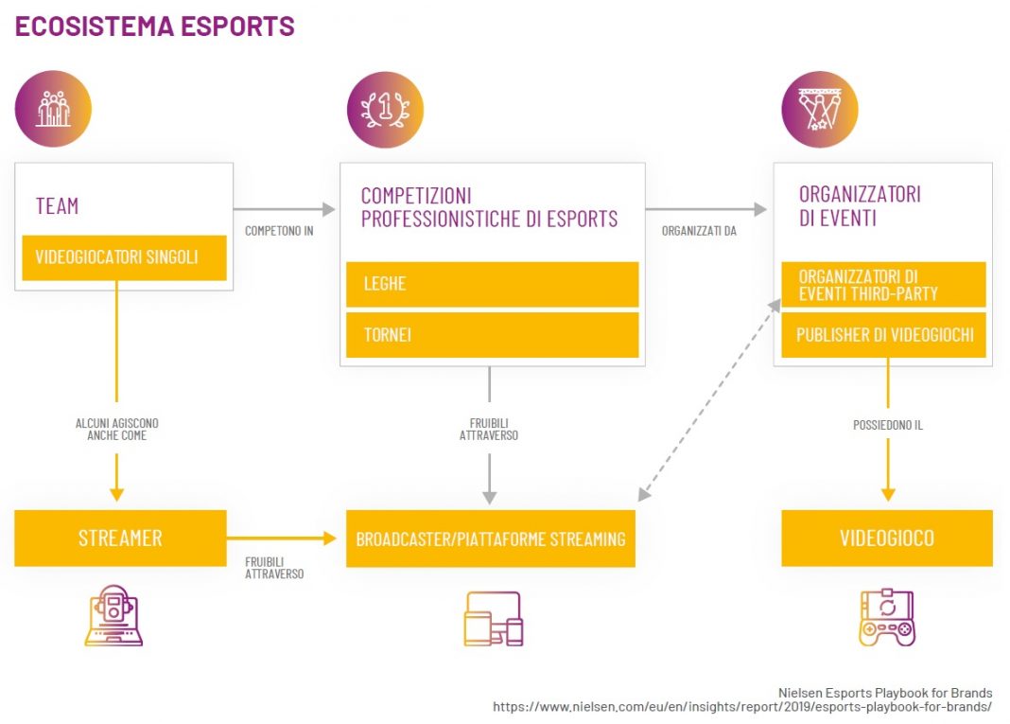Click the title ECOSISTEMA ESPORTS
click(155, 26)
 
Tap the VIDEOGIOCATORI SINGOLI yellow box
click(120, 257)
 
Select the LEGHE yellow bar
click(492, 284)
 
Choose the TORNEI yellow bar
click(492, 335)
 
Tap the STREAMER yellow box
click(120, 539)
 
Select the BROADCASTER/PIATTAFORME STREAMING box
click(490, 539)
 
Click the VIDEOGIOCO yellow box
click(886, 539)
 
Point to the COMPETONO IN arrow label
click(279, 231)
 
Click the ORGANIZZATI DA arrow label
click(699, 231)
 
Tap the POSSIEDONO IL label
click(887, 425)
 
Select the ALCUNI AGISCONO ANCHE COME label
click(117, 430)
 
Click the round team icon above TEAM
click(53, 109)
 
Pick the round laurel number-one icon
click(385, 109)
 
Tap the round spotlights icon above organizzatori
click(819, 109)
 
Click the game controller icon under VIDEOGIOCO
click(887, 618)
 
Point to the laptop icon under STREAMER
click(113, 616)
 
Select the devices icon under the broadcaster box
click(493, 618)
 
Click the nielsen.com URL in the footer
click(742, 706)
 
